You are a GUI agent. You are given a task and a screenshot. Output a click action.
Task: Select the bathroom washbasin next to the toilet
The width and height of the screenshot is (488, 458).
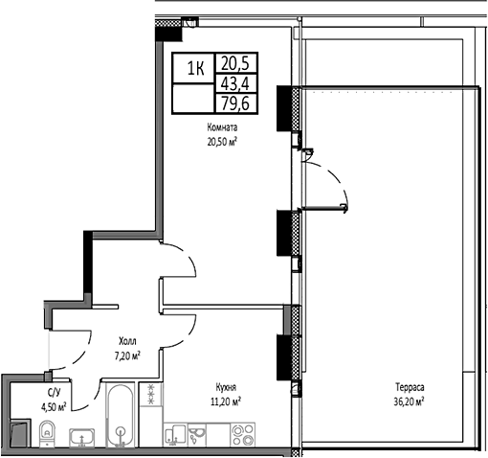point(83,437)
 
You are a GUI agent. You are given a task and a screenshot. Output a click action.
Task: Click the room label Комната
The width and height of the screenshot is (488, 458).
point(221,126)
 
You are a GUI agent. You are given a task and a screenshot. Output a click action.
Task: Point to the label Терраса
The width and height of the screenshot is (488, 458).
point(409,388)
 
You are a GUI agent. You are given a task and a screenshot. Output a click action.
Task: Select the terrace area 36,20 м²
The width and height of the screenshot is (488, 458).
point(409,401)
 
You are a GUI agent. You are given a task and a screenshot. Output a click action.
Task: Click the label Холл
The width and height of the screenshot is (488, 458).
point(126,340)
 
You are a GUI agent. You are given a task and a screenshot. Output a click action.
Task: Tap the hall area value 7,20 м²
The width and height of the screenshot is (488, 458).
point(126,354)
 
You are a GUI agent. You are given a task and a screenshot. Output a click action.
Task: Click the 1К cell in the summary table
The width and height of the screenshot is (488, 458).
point(194,68)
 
